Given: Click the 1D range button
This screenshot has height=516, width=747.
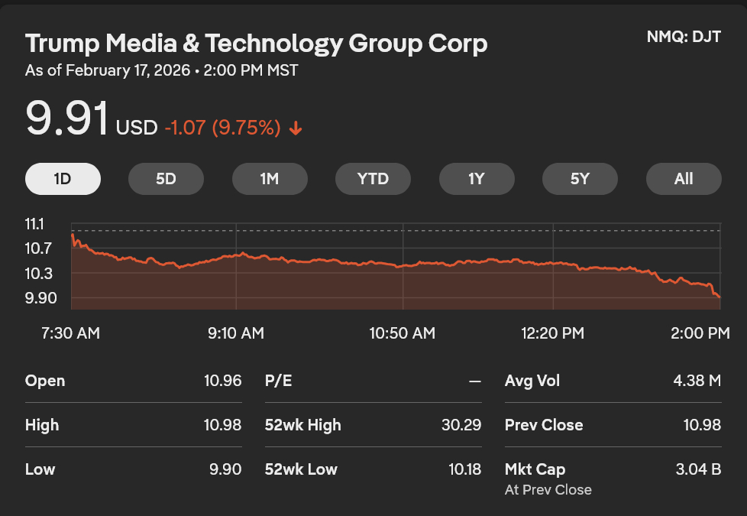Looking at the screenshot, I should [x=63, y=179].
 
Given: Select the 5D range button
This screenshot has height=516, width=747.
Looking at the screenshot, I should [x=166, y=179].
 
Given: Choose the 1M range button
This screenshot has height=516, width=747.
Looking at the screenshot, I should [x=270, y=179].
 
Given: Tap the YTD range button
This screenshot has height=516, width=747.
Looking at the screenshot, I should [x=373, y=179].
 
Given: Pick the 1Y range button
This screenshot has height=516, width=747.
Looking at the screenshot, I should [x=477, y=179].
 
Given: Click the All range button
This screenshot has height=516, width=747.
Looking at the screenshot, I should [x=684, y=179].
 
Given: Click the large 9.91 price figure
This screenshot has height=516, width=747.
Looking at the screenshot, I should [x=66, y=119].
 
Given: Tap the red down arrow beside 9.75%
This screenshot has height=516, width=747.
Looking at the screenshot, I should [x=296, y=128].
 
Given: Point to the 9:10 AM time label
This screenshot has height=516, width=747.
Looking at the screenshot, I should [x=236, y=333].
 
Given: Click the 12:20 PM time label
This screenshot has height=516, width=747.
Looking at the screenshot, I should [x=552, y=333].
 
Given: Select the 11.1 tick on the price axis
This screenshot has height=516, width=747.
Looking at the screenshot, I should [x=35, y=224].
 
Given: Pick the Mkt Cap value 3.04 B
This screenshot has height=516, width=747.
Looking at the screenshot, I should [x=698, y=469].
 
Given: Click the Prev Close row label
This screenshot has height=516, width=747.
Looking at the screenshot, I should [x=544, y=425].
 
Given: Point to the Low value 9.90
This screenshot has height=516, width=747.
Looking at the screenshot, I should [x=225, y=469].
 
